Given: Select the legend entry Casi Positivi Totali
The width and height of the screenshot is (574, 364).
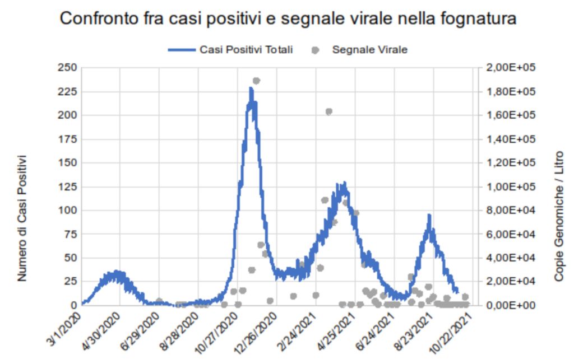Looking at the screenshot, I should point(246,49).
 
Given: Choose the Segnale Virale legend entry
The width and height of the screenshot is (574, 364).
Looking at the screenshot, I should point(369,49).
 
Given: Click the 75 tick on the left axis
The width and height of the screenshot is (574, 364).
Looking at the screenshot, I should point(70,234).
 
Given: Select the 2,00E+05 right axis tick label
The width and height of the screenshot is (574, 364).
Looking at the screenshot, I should point(511,68).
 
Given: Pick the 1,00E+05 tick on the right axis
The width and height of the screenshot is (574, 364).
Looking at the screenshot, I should point(511,186).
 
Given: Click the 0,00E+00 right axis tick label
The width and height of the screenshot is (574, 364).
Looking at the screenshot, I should point(511,305).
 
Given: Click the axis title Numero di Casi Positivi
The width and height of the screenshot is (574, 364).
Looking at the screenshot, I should point(22,218).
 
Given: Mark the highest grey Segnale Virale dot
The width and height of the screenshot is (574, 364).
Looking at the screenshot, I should point(256,81).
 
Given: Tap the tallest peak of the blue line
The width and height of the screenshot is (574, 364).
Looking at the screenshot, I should point(251,88).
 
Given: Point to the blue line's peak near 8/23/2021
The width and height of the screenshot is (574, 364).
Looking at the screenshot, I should point(429,216).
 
